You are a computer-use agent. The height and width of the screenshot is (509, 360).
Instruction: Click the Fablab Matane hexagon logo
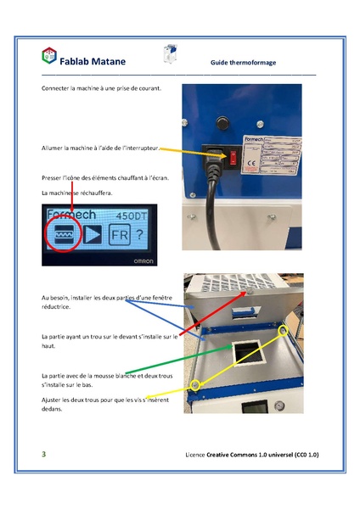(x=49, y=55)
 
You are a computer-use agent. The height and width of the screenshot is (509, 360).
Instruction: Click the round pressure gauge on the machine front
(x=280, y=406)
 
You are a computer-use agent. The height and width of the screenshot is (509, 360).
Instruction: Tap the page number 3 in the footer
(x=44, y=455)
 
